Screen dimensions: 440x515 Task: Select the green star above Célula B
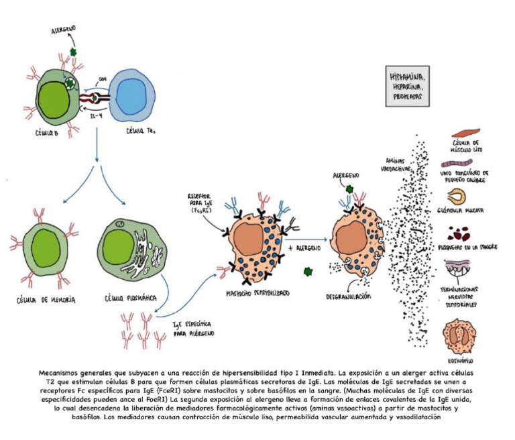click(x=72, y=52)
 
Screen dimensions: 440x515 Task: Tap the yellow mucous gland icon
click(x=459, y=195)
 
